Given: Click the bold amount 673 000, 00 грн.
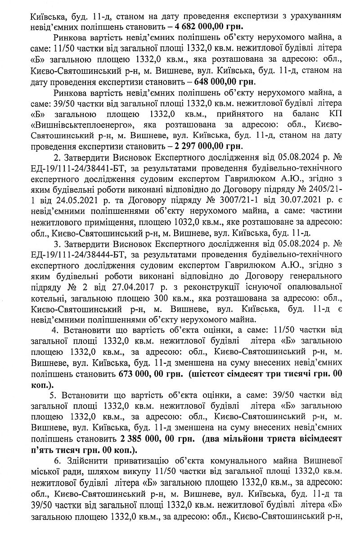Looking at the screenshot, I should click(152, 373).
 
